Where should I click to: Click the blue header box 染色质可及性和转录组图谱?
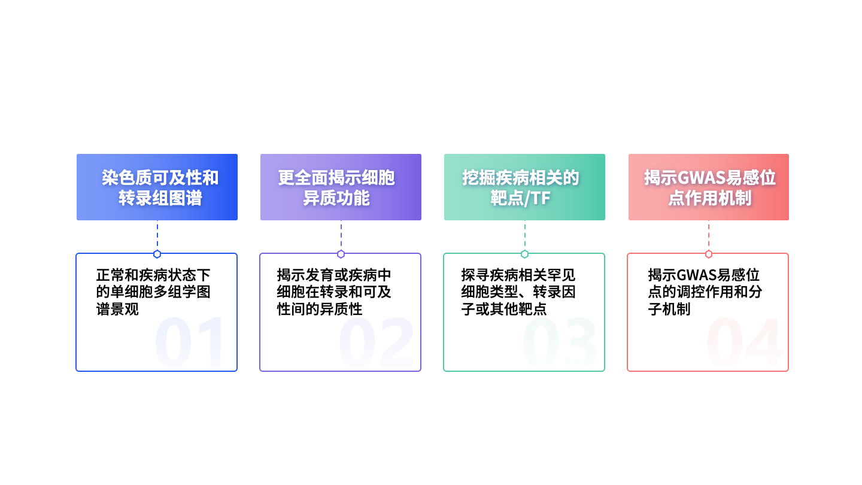(157, 187)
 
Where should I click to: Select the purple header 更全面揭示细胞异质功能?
(341, 187)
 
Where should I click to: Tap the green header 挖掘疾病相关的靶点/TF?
(524, 187)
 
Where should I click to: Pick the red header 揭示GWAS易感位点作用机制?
(709, 187)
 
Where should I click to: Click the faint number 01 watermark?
(189, 341)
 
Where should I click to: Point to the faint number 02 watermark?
(375, 341)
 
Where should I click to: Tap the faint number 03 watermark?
(560, 341)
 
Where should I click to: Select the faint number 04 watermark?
(745, 341)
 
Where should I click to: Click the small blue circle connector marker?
(157, 254)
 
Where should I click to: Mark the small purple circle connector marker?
(341, 254)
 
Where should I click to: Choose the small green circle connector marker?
(524, 254)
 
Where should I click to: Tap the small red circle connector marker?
(709, 254)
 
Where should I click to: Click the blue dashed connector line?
(157, 235)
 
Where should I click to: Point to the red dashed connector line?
(709, 235)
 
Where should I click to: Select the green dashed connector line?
(524, 235)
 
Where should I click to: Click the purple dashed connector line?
(341, 235)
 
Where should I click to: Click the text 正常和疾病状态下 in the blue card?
(153, 275)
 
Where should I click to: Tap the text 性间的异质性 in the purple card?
(320, 309)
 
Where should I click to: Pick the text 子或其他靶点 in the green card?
(504, 309)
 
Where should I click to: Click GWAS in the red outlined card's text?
(696, 275)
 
